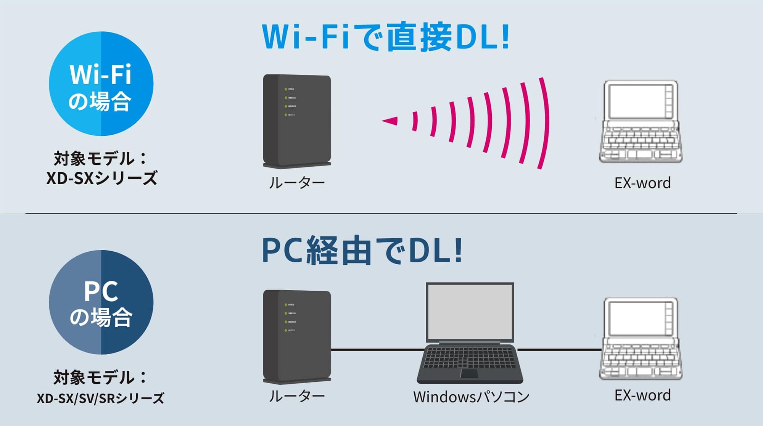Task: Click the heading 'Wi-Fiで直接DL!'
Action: [x=385, y=37]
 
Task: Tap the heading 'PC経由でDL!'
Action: [x=362, y=251]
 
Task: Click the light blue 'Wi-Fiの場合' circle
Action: [x=101, y=84]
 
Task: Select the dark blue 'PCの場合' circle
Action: [x=101, y=302]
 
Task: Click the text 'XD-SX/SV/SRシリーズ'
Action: [x=101, y=398]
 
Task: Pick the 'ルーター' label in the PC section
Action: [x=297, y=396]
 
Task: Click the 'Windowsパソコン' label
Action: [x=471, y=397]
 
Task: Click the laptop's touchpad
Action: [x=469, y=373]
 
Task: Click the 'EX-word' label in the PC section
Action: [x=642, y=395]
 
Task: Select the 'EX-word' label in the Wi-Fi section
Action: [x=642, y=183]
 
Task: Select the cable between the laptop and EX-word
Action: [x=559, y=349]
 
